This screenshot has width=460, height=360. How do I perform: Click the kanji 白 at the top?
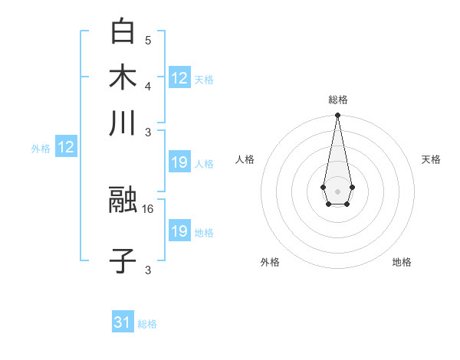tap(123, 32)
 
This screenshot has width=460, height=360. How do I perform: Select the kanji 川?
tap(123, 123)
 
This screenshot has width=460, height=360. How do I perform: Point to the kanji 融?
tap(123, 201)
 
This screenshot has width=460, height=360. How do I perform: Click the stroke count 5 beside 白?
tap(148, 40)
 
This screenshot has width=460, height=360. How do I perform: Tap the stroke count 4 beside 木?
tap(148, 85)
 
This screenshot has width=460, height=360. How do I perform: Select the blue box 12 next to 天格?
tap(179, 77)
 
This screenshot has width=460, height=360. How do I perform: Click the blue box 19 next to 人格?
tap(179, 162)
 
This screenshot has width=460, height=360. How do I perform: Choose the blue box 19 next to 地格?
tap(179, 231)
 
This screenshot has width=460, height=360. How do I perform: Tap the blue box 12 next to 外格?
tap(66, 147)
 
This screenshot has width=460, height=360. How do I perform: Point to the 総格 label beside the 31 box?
tap(147, 324)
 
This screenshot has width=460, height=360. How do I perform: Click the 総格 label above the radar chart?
tap(337, 100)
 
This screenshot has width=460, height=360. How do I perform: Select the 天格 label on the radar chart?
tap(431, 159)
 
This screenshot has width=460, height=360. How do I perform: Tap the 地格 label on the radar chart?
tap(402, 262)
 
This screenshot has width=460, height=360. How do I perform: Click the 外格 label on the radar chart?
tap(270, 262)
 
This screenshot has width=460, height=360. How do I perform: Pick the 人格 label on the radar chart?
tap(245, 159)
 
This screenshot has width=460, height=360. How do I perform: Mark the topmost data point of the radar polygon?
tap(337, 116)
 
